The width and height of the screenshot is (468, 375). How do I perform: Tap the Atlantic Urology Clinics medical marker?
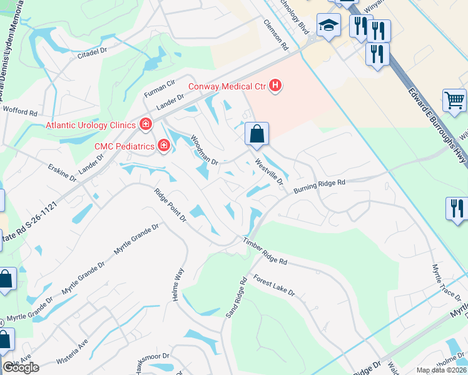click(145, 125)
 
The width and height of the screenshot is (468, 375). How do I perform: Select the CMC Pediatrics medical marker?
click(163, 146)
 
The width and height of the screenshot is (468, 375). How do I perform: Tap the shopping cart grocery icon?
click(454, 101)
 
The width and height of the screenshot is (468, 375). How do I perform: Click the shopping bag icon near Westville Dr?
click(257, 134)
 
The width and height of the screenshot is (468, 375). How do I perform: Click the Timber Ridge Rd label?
click(265, 251)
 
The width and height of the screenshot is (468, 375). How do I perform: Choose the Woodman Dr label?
click(204, 151)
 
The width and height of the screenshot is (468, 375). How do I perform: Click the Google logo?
click(21, 367)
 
